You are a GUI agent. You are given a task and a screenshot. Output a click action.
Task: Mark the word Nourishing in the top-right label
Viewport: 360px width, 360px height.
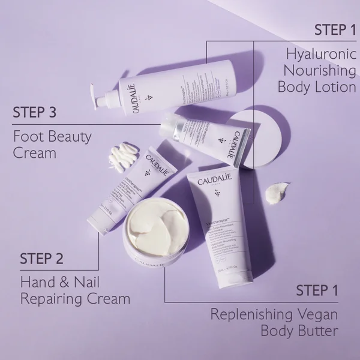pos(316,71)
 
